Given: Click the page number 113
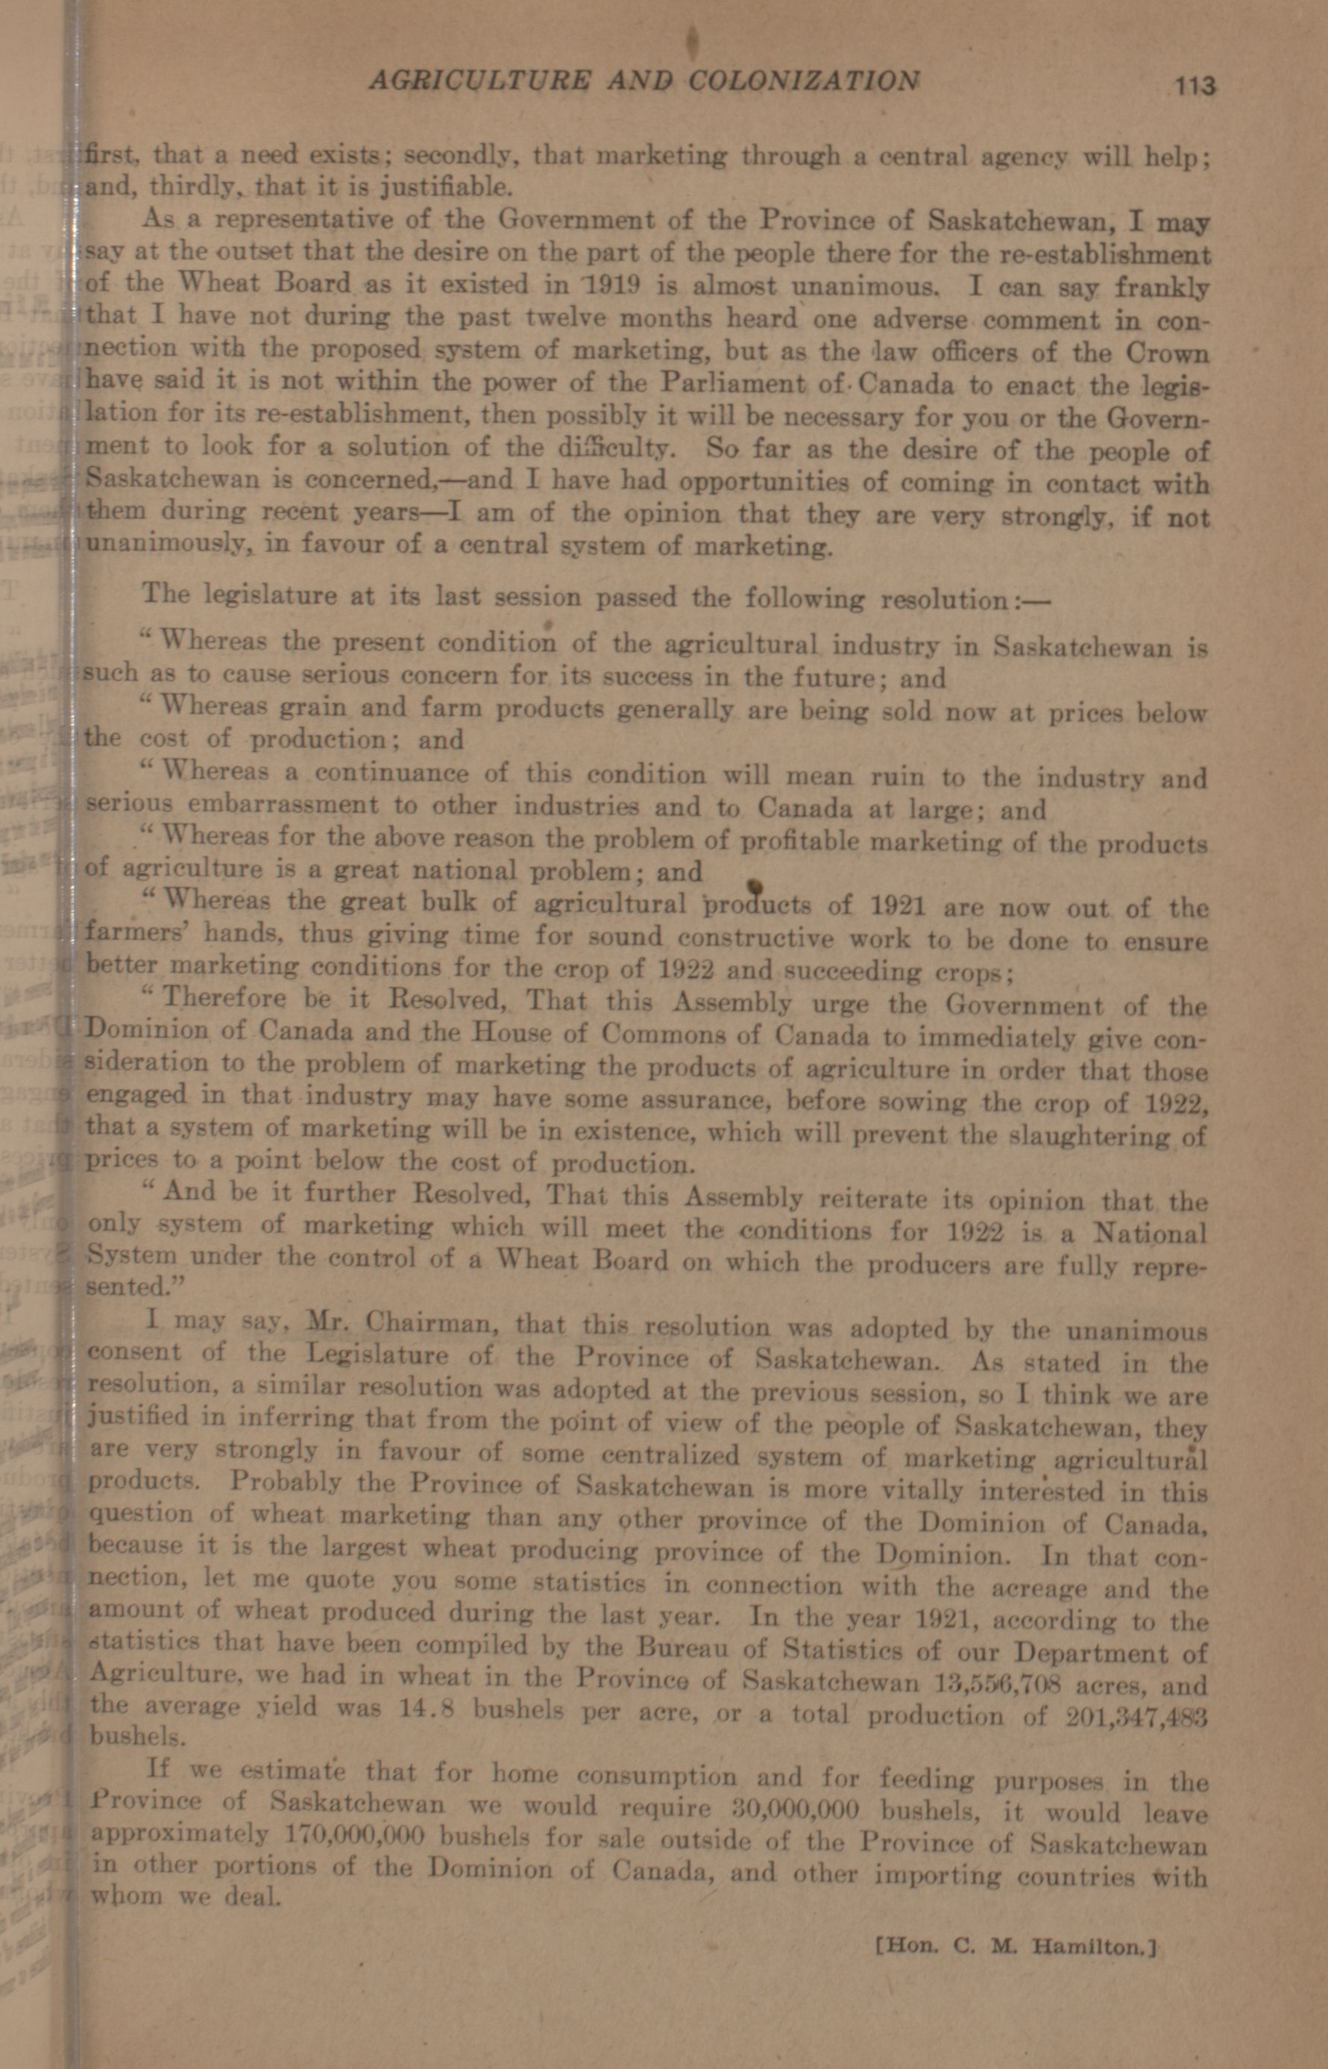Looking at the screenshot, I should pyautogui.click(x=1192, y=85).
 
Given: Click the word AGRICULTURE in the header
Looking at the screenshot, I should pyautogui.click(x=480, y=81).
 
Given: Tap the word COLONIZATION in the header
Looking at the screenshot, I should pyautogui.click(x=803, y=81).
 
